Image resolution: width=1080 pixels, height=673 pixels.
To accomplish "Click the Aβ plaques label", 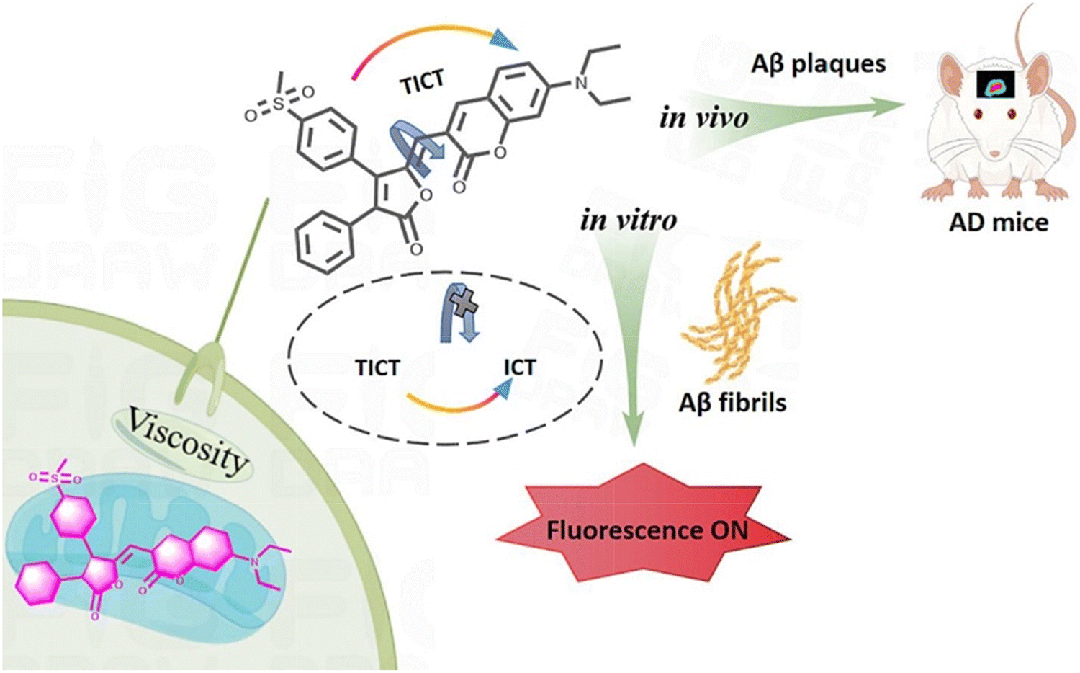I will pos(819,64).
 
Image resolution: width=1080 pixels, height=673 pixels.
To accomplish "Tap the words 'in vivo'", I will pos(703,117).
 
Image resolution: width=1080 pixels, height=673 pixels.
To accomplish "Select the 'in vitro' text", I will pos(629,220).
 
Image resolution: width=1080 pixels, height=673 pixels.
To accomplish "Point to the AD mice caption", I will pos(999,222).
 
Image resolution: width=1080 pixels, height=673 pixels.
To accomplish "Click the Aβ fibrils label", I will pos(732,402).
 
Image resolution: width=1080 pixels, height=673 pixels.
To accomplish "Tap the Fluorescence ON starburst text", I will pos(647,530).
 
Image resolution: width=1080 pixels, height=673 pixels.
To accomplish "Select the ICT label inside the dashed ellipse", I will pos(519,367).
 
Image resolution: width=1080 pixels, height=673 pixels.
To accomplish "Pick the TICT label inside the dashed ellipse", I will pos(377,368).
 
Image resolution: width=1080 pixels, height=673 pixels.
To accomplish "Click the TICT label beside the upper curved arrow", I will pos(422,82).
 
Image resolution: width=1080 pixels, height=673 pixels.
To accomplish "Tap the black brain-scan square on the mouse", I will pos(995,85).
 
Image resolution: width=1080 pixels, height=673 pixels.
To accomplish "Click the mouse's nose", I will pos(994,153).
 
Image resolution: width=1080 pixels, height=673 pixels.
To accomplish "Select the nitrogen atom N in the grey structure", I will pos(581,84).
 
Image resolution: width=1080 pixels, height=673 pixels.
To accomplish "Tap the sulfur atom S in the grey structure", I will pos(279,104).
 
